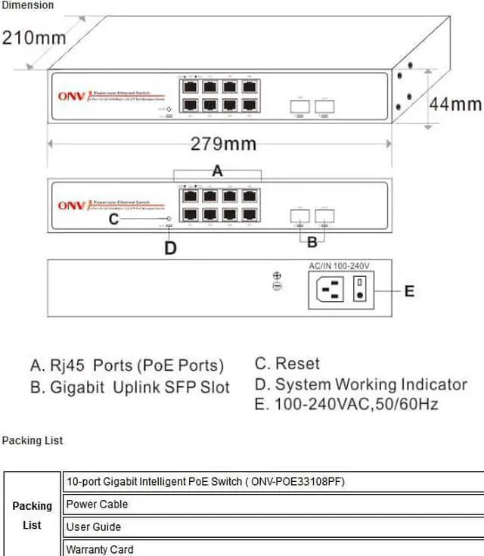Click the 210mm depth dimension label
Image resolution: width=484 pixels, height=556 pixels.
(x=34, y=37)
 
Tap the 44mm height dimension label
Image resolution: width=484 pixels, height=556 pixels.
(x=455, y=104)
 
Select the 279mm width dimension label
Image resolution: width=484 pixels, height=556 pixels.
(x=223, y=144)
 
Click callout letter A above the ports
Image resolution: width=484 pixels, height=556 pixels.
(x=217, y=171)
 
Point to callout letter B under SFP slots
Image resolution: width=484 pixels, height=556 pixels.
(x=312, y=243)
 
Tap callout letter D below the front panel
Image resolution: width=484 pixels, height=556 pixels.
(x=171, y=247)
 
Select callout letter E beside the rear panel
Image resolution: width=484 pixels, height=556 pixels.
(x=409, y=290)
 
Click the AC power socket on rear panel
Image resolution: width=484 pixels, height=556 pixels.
(x=333, y=289)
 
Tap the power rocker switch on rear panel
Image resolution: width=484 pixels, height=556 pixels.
(x=361, y=289)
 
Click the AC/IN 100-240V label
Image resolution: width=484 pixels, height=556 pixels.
(x=339, y=266)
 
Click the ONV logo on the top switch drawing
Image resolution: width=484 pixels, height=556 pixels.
(x=71, y=97)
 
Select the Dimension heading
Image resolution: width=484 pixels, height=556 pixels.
(x=27, y=5)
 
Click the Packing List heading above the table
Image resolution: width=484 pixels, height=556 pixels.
(x=33, y=440)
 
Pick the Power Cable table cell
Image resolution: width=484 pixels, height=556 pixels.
(x=97, y=504)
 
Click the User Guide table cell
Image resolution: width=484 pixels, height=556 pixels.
(x=94, y=526)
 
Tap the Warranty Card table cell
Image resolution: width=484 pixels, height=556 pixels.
(x=100, y=549)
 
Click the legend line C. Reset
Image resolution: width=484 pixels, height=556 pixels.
(x=287, y=364)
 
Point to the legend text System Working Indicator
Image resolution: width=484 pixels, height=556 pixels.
(x=371, y=384)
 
